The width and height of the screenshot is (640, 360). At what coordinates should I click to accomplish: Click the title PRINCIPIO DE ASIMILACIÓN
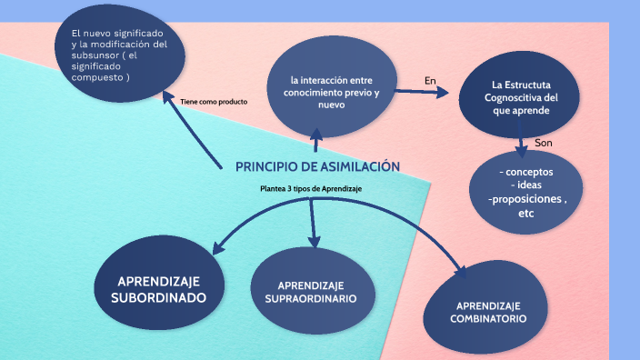point(317,166)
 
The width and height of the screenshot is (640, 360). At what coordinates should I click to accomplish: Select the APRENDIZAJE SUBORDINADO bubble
point(159,283)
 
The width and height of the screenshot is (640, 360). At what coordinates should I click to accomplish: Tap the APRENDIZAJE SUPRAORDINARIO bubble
point(313,291)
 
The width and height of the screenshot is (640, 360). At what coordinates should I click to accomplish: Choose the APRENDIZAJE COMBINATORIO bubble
point(485,307)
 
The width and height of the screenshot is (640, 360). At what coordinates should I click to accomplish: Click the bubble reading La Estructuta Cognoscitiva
point(519,95)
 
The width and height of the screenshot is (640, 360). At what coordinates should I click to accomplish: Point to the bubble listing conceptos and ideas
point(525,192)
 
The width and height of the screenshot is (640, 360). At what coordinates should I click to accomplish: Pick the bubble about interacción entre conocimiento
point(332,86)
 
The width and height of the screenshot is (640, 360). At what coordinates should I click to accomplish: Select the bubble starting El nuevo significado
point(120,54)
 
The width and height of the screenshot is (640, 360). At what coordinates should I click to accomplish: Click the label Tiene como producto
point(214,102)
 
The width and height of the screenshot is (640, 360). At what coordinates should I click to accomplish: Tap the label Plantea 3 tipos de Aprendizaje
point(311,188)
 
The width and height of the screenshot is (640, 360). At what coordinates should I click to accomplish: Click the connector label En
point(430,81)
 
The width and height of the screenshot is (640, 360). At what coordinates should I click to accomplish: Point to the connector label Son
point(544,143)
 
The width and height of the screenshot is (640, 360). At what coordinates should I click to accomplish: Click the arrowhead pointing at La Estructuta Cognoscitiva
point(443,92)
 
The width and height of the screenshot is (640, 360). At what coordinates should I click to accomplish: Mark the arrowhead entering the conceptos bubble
point(521,151)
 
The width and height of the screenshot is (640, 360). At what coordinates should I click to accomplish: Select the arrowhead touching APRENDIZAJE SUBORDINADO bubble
point(218,248)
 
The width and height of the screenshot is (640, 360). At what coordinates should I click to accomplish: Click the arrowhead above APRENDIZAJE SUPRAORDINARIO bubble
point(314,242)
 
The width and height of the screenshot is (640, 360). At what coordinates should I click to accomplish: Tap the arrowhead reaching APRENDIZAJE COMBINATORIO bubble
point(461,272)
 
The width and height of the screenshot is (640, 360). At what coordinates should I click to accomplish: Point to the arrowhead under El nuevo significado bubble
point(167,96)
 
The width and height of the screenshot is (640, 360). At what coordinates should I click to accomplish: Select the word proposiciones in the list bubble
point(527,199)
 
